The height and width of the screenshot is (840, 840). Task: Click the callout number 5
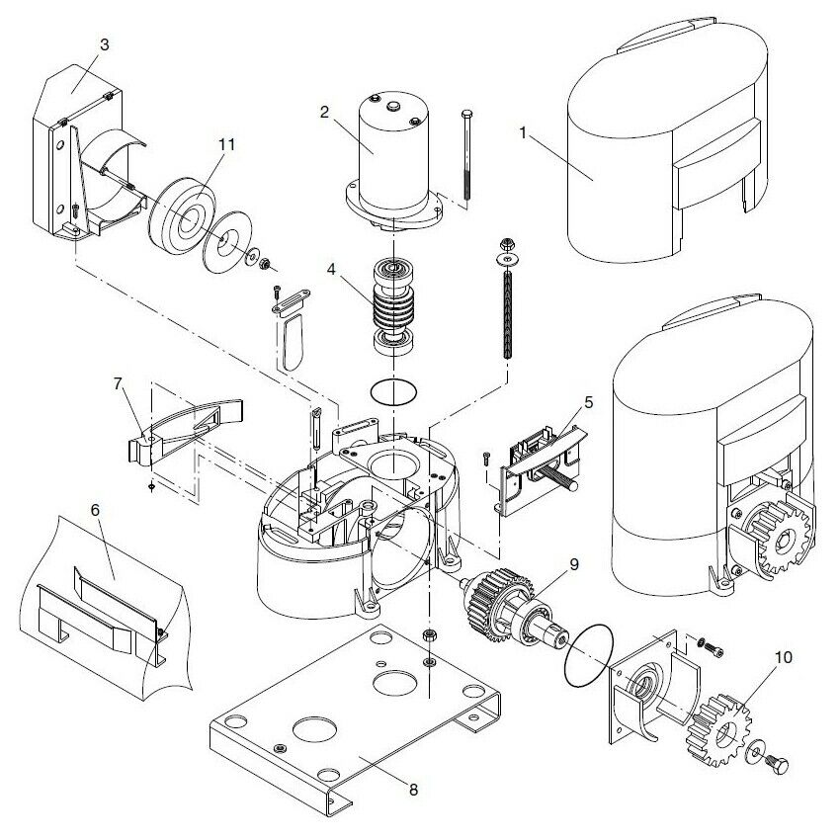(588, 402)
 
